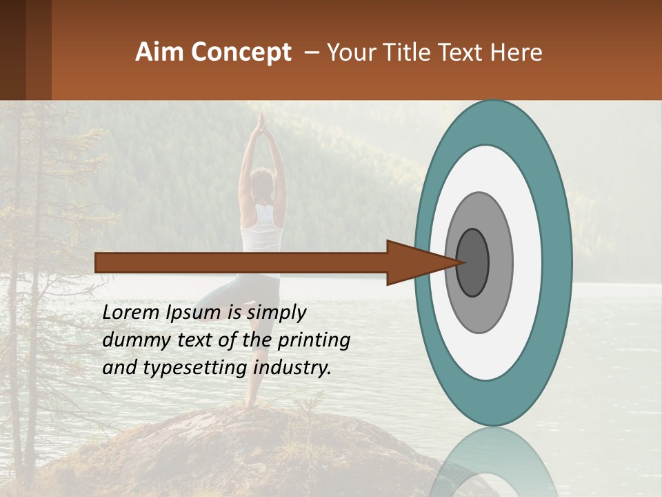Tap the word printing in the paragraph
point(313,340)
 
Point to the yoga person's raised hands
point(261,124)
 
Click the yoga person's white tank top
point(262,231)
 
